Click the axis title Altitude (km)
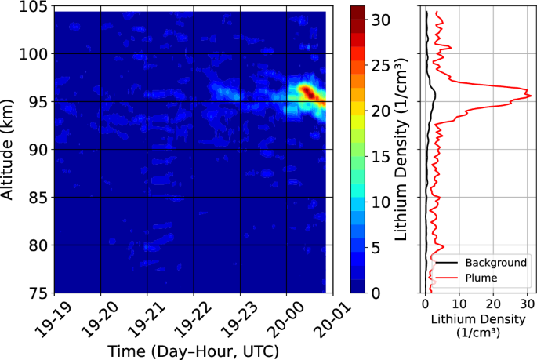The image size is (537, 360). pyautogui.click(x=11, y=149)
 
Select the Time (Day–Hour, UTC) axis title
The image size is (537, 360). pyautogui.click(x=194, y=349)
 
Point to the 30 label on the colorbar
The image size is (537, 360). pyautogui.click(x=381, y=21)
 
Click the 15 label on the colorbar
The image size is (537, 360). pyautogui.click(x=381, y=157)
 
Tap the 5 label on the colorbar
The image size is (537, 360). pyautogui.click(x=376, y=248)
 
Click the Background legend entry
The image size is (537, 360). pyautogui.click(x=492, y=262)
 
